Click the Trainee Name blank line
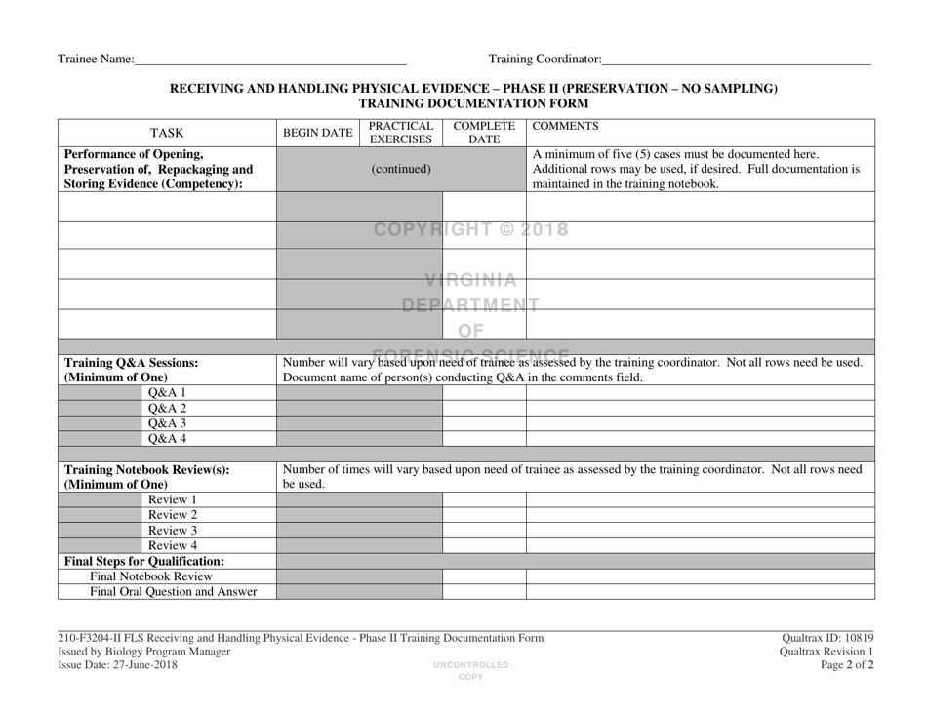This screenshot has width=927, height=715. coord(270,60)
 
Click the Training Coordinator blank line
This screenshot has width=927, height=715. coord(736,60)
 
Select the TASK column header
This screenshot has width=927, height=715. coord(167,134)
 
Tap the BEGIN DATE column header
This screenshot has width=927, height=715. coord(317,134)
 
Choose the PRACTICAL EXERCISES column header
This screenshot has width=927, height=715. coord(401,134)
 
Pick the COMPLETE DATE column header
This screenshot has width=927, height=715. coord(484,134)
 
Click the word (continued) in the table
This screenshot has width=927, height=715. coord(401,169)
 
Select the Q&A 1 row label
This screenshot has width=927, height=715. coord(166,392)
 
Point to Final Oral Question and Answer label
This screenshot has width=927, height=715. coord(166,590)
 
